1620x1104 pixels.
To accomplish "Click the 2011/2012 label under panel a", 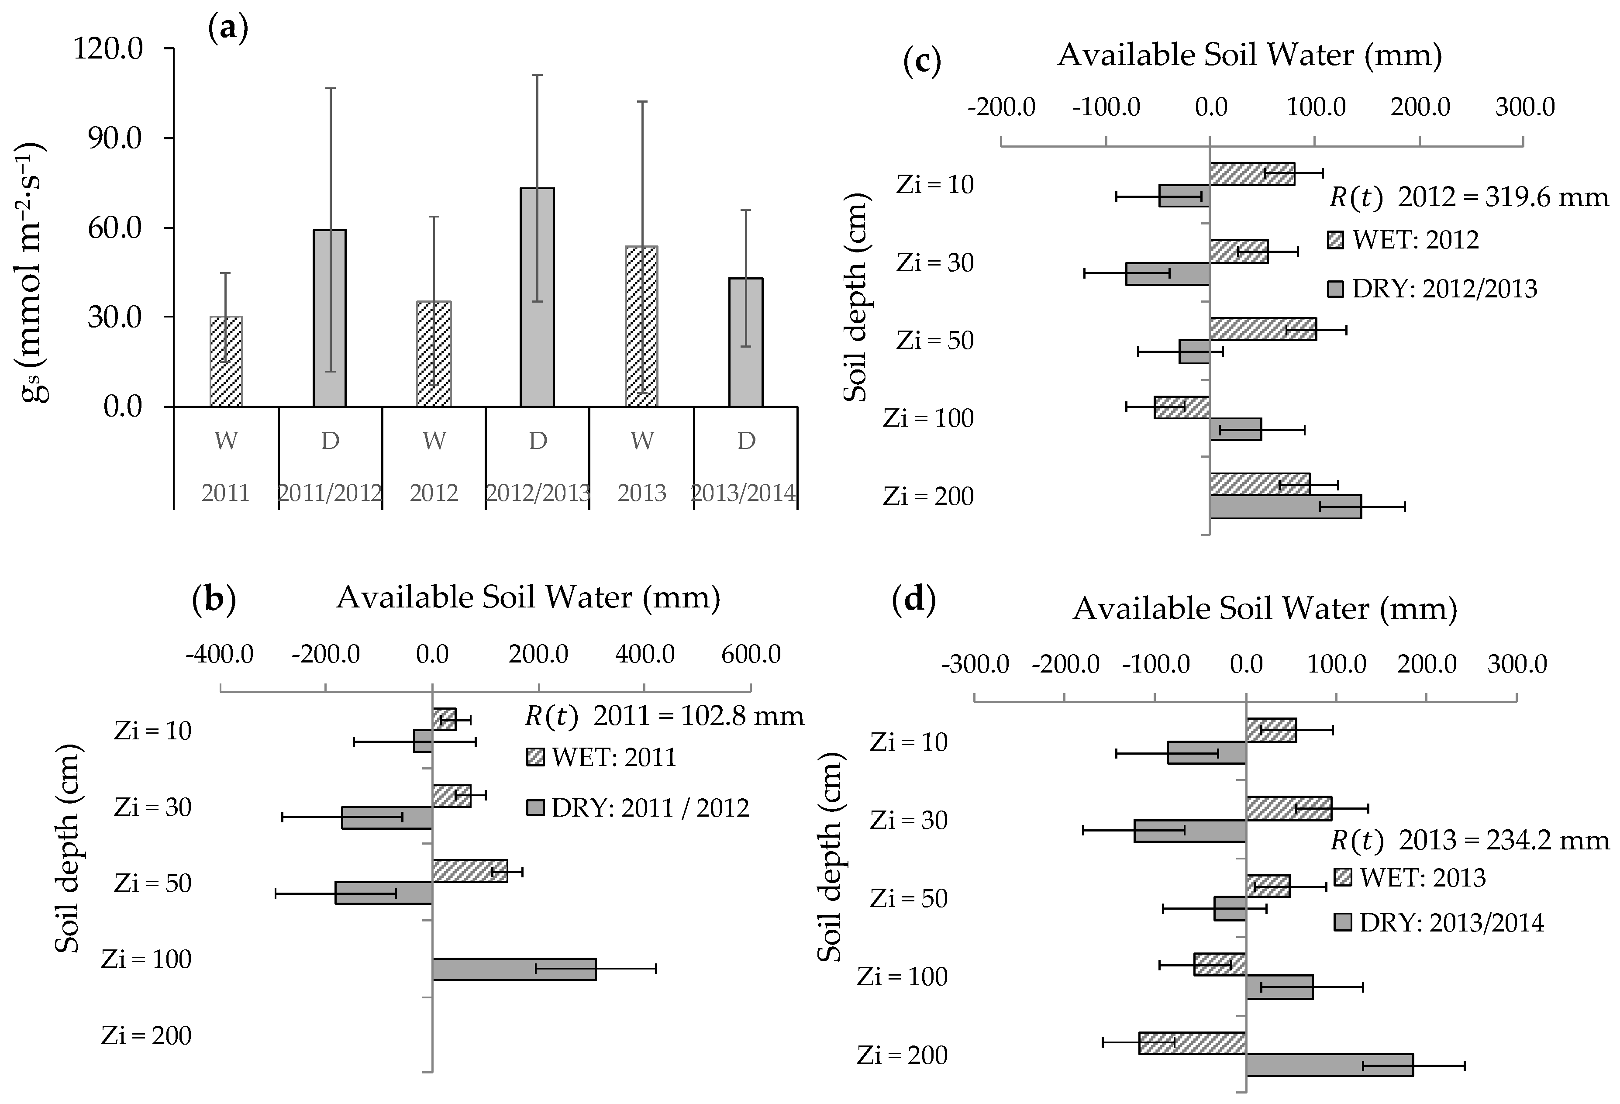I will pos(330,493).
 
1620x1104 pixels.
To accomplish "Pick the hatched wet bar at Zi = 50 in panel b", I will pos(469,870).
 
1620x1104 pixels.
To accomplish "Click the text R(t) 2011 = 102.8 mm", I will pos(664,716).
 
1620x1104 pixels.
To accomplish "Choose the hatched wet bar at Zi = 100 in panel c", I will pos(1182,407).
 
